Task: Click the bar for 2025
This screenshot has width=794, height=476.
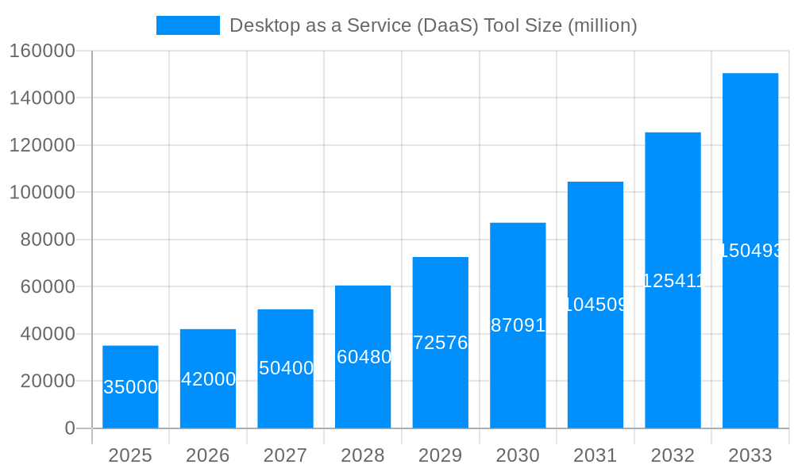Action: pos(130,386)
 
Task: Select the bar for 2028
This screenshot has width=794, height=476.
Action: pos(363,356)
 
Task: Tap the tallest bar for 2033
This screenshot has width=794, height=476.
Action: pos(750,251)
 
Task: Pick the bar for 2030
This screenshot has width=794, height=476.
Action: pos(518,325)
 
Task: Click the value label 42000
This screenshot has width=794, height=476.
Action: pos(208,379)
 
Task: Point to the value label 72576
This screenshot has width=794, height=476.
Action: pos(441,343)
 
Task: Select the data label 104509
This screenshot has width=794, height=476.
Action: pos(595,305)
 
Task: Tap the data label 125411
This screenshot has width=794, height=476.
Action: pos(673,280)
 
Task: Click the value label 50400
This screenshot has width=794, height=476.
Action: pos(286,368)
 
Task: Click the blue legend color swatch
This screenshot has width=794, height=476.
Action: pos(187,25)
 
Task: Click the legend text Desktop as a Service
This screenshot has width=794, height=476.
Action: pos(433,25)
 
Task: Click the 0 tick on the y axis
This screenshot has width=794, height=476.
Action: pos(70,428)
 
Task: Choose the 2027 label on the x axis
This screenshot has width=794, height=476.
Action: pos(285,455)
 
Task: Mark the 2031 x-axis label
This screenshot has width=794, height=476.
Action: pos(595,455)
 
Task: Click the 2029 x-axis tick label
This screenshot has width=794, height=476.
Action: pos(440,455)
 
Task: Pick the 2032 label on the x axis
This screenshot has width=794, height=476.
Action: pos(673,455)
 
